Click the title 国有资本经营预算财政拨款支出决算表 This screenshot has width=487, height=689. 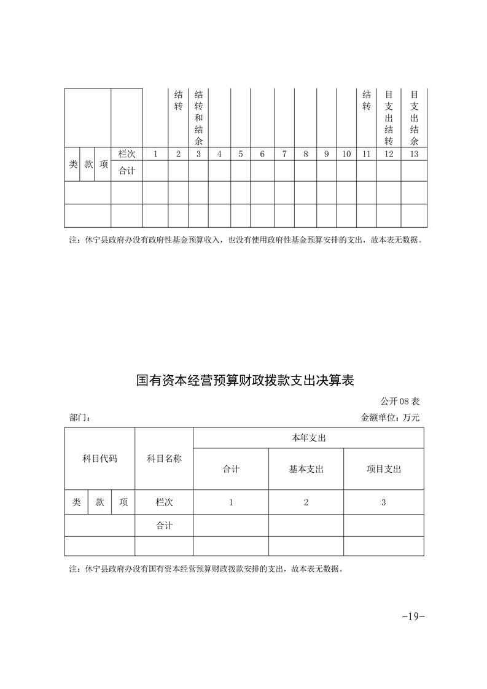[245, 381]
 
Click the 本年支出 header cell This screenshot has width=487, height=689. [308, 438]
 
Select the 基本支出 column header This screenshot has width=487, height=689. [306, 469]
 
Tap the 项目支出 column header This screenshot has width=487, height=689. [384, 469]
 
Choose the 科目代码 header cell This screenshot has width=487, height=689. [99, 459]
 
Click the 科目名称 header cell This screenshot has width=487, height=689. [164, 459]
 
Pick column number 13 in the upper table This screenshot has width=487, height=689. [414, 154]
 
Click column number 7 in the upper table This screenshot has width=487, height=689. [284, 154]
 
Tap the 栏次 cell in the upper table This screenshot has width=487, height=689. [127, 154]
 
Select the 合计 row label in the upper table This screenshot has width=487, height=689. [127, 171]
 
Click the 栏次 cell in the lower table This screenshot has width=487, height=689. [164, 502]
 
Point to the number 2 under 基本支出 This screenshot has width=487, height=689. [306, 502]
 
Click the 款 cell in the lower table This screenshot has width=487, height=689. [99, 502]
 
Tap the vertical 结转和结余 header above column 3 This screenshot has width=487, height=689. [198, 118]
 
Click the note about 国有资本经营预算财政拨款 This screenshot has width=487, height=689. [206, 569]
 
